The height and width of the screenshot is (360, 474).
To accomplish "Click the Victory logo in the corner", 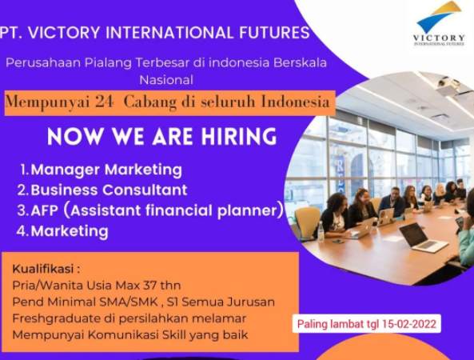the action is click(x=439, y=23).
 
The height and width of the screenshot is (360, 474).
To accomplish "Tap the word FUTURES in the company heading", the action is click(x=274, y=32).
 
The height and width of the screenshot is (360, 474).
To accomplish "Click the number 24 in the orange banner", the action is click(x=104, y=102).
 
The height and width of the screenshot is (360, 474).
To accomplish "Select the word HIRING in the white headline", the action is click(x=239, y=137).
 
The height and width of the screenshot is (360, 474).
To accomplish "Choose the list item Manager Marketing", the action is click(x=106, y=170).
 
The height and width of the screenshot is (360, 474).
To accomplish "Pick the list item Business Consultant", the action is click(x=109, y=190).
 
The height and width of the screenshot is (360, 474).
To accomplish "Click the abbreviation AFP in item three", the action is click(x=44, y=211).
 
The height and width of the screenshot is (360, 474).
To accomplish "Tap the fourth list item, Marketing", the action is click(x=70, y=231).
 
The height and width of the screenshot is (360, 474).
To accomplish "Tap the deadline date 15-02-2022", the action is click(x=409, y=324).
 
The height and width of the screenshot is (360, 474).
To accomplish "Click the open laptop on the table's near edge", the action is click(x=423, y=238).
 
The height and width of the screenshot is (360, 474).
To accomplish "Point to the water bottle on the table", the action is click(x=321, y=231).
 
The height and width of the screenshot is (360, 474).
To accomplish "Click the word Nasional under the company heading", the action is click(x=166, y=80).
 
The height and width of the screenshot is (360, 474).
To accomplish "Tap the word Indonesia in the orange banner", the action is click(x=295, y=102).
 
